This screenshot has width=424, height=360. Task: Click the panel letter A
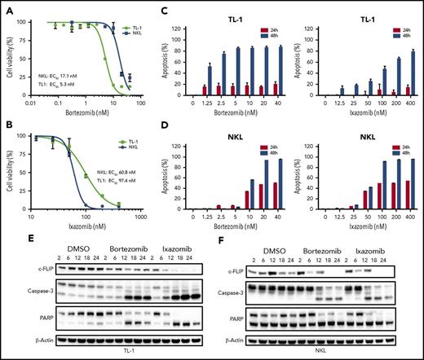point(9,7)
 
